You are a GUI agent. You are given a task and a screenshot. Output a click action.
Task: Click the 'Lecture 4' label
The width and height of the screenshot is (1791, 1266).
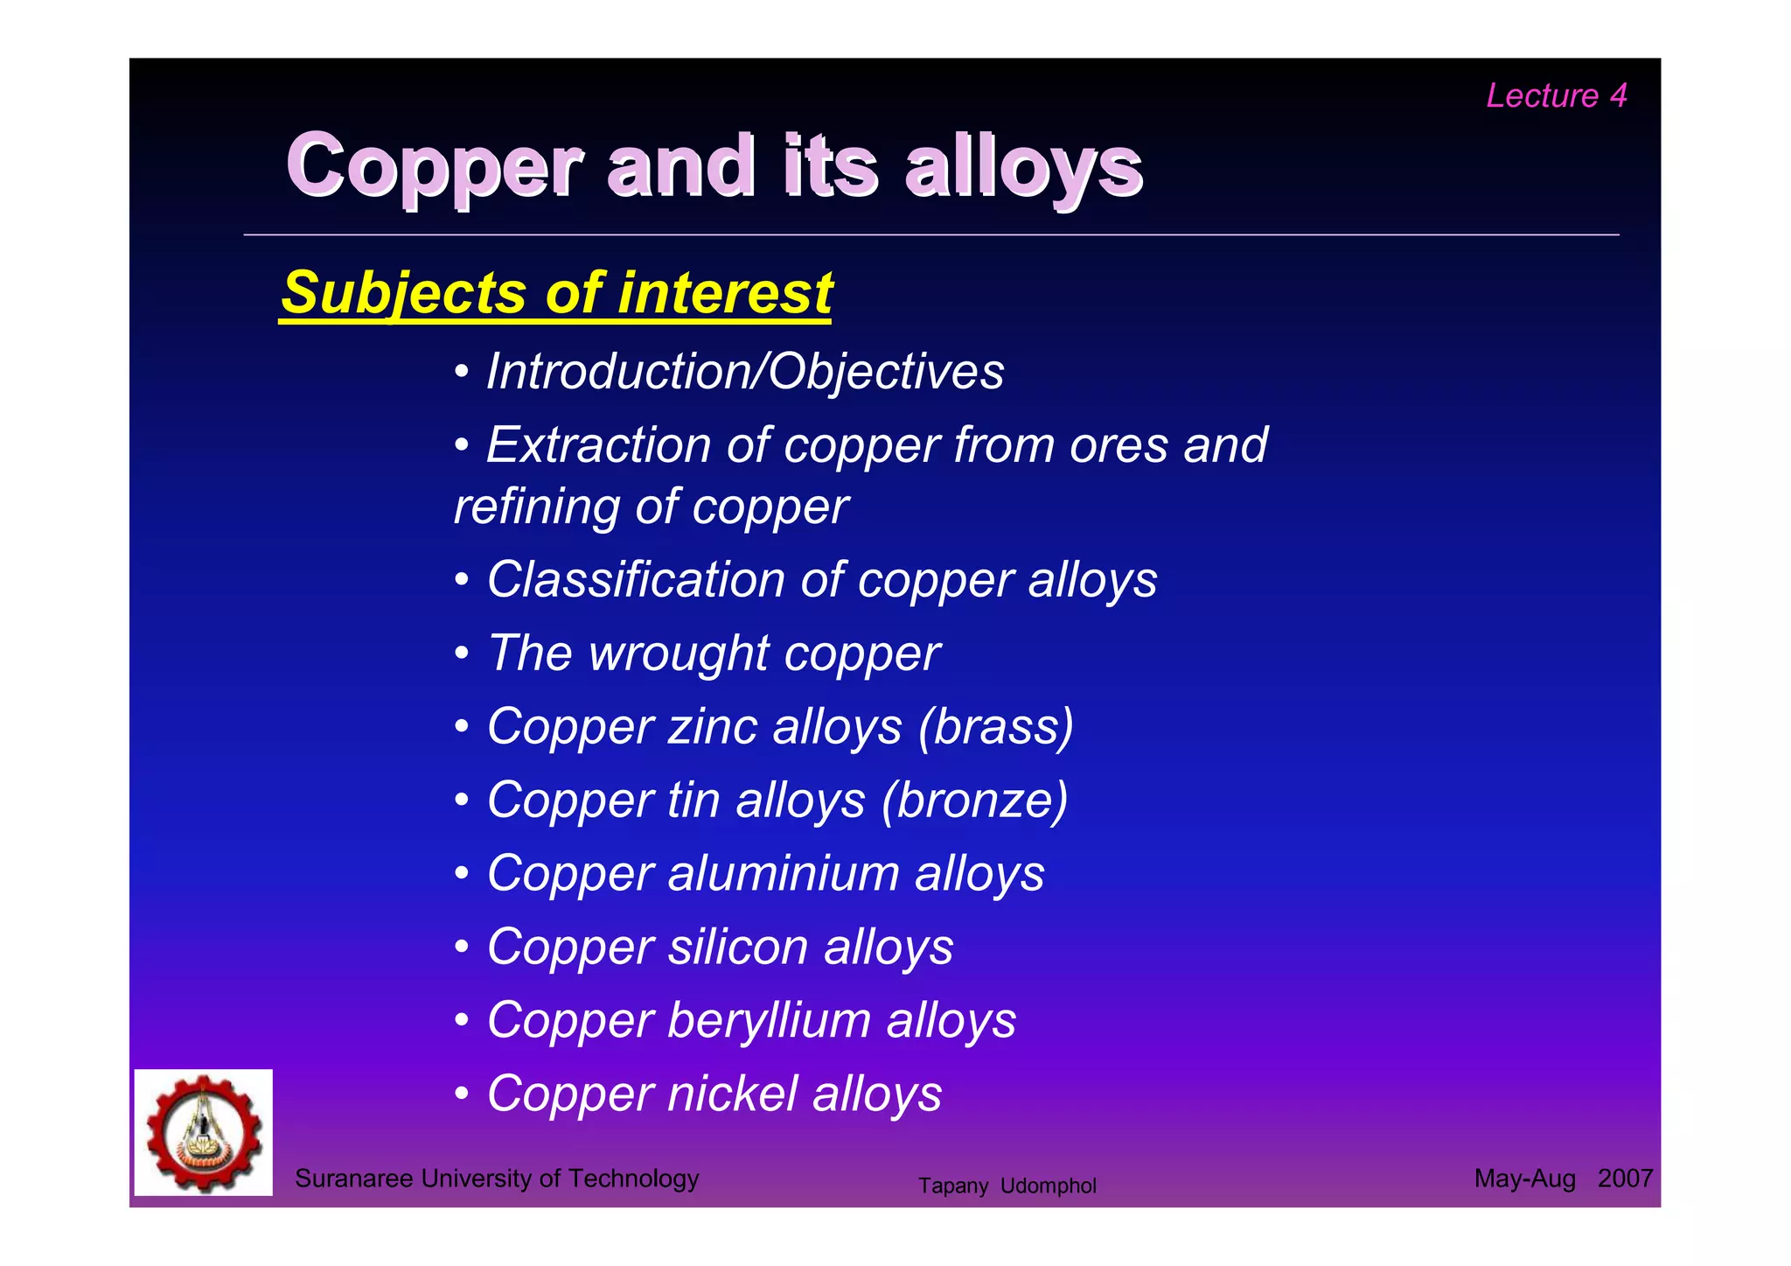1556,95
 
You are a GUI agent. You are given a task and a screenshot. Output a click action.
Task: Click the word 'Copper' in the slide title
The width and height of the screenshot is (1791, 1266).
435,165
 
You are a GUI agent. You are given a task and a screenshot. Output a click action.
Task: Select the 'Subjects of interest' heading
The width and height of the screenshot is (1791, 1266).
556,292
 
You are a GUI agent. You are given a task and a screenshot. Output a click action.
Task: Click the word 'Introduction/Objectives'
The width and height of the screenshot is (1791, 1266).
745,371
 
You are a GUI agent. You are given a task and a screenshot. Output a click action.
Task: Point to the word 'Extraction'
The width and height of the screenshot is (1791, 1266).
598,444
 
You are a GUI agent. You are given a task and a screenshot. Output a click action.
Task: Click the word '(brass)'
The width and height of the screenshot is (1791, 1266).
996,726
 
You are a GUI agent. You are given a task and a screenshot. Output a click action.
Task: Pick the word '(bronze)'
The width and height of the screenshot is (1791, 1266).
975,800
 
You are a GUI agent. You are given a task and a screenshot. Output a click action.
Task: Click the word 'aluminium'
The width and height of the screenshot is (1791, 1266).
783,873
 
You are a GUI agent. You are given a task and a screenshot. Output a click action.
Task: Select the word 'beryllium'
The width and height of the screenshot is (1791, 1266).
769,1020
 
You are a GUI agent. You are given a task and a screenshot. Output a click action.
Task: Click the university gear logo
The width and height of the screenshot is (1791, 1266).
204,1132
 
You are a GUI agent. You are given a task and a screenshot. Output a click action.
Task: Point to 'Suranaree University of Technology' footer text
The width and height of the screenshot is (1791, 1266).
497,1179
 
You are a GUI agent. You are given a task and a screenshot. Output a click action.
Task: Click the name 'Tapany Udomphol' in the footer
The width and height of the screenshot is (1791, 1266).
1007,1186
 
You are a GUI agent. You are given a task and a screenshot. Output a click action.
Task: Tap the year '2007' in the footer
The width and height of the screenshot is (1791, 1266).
1624,1179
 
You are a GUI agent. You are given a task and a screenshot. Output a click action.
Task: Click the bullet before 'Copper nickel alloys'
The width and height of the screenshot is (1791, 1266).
462,1094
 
